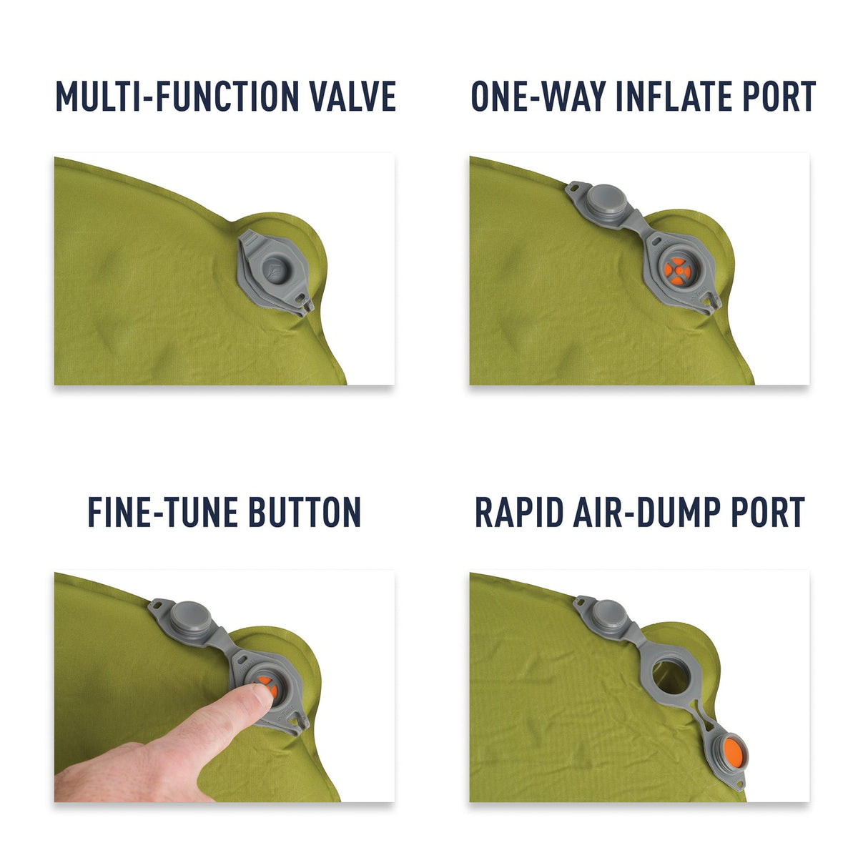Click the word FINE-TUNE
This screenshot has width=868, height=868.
[x=162, y=513]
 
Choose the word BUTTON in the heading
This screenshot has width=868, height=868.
[x=305, y=513]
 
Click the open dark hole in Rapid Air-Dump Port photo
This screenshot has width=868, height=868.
[x=668, y=673]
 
